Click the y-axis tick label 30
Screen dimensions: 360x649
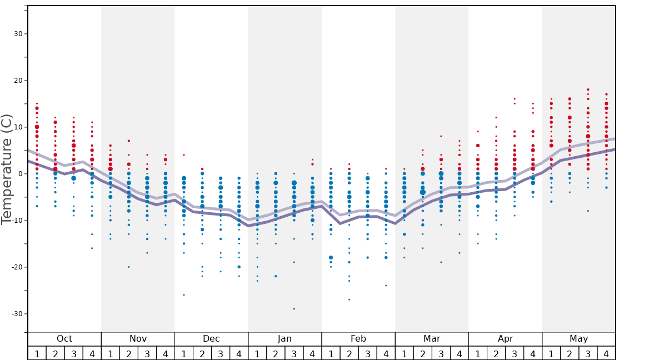click(x=17, y=34)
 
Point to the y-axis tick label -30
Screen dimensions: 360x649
click(x=16, y=314)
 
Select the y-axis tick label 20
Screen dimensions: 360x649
click(x=17, y=81)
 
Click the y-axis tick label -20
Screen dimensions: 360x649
click(x=16, y=267)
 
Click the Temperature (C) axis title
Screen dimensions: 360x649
click(x=7, y=169)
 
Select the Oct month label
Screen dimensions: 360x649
click(x=64, y=339)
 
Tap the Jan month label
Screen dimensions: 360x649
click(x=284, y=339)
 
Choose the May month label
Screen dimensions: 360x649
click(x=578, y=339)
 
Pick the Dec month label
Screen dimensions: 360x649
click(x=211, y=339)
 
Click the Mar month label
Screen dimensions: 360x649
click(x=432, y=339)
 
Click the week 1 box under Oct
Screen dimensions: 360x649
click(x=37, y=353)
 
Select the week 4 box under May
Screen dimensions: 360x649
click(x=606, y=353)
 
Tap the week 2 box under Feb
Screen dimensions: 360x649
click(x=349, y=353)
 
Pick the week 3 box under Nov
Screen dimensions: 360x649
click(x=147, y=353)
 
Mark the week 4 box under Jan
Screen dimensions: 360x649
click(x=312, y=353)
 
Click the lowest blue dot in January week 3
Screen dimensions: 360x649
click(x=294, y=309)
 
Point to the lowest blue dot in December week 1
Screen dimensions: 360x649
click(x=184, y=295)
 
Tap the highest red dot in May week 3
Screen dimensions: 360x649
click(x=588, y=89)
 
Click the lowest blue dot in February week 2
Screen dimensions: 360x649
click(x=349, y=299)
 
